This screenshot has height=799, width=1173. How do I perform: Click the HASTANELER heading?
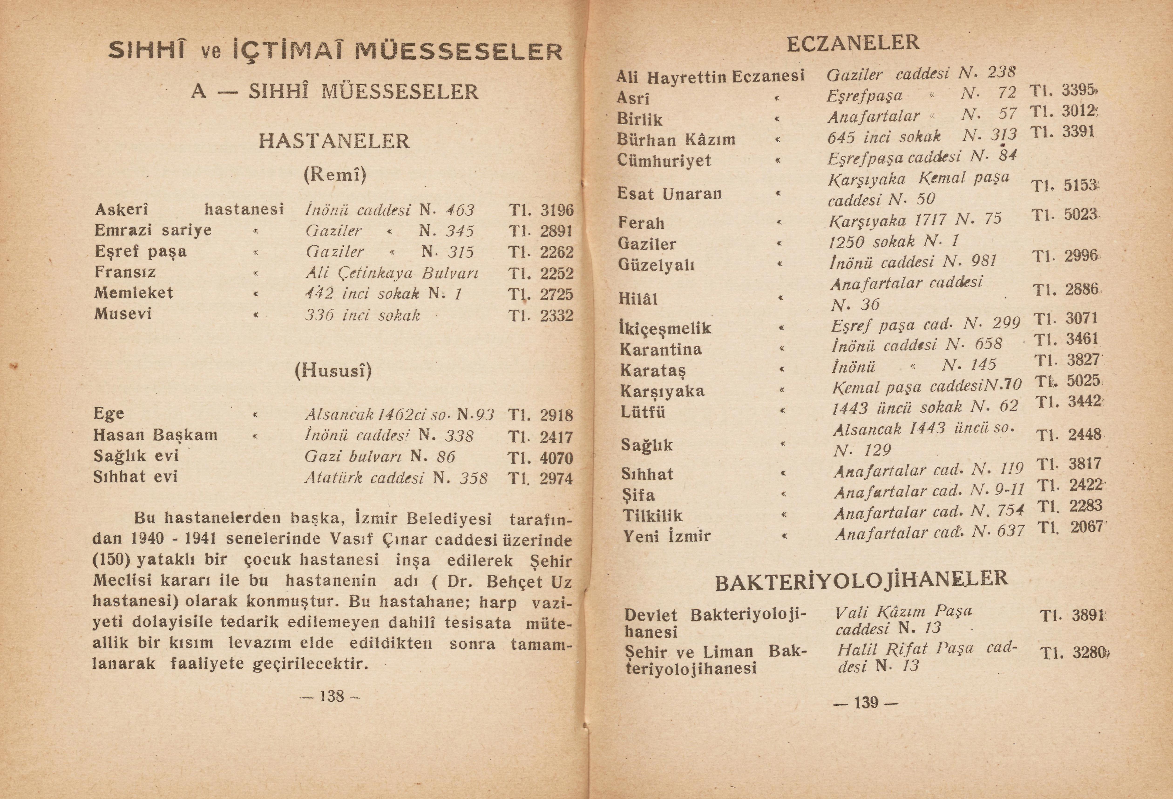coord(334,141)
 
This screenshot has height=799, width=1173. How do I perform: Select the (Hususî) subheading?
coord(333,371)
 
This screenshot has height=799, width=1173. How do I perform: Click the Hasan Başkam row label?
coord(156,435)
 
